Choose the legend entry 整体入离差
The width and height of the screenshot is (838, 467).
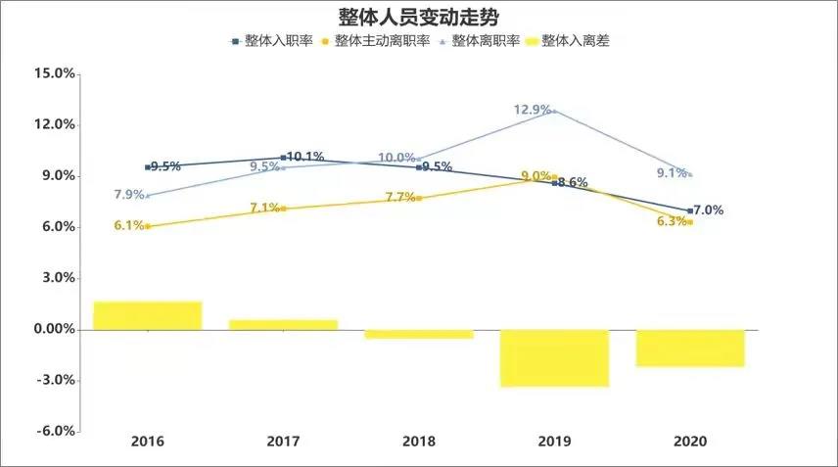click(572, 41)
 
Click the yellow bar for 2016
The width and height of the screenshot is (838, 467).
click(148, 315)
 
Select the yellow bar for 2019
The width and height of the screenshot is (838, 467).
click(555, 357)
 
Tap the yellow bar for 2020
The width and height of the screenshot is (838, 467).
click(690, 348)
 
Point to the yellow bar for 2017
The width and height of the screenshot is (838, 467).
click(283, 324)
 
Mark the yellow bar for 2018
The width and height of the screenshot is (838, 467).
click(419, 334)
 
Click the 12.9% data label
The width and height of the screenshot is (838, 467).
click(533, 110)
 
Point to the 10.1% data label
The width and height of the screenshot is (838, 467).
click(305, 157)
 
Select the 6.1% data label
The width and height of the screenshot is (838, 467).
click(129, 225)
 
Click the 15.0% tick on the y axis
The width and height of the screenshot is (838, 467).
click(54, 73)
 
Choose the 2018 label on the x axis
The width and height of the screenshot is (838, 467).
click(419, 442)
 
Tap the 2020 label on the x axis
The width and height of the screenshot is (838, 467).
click(690, 442)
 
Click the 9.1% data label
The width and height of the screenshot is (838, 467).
click(671, 174)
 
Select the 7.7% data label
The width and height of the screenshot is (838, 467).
click(401, 197)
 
